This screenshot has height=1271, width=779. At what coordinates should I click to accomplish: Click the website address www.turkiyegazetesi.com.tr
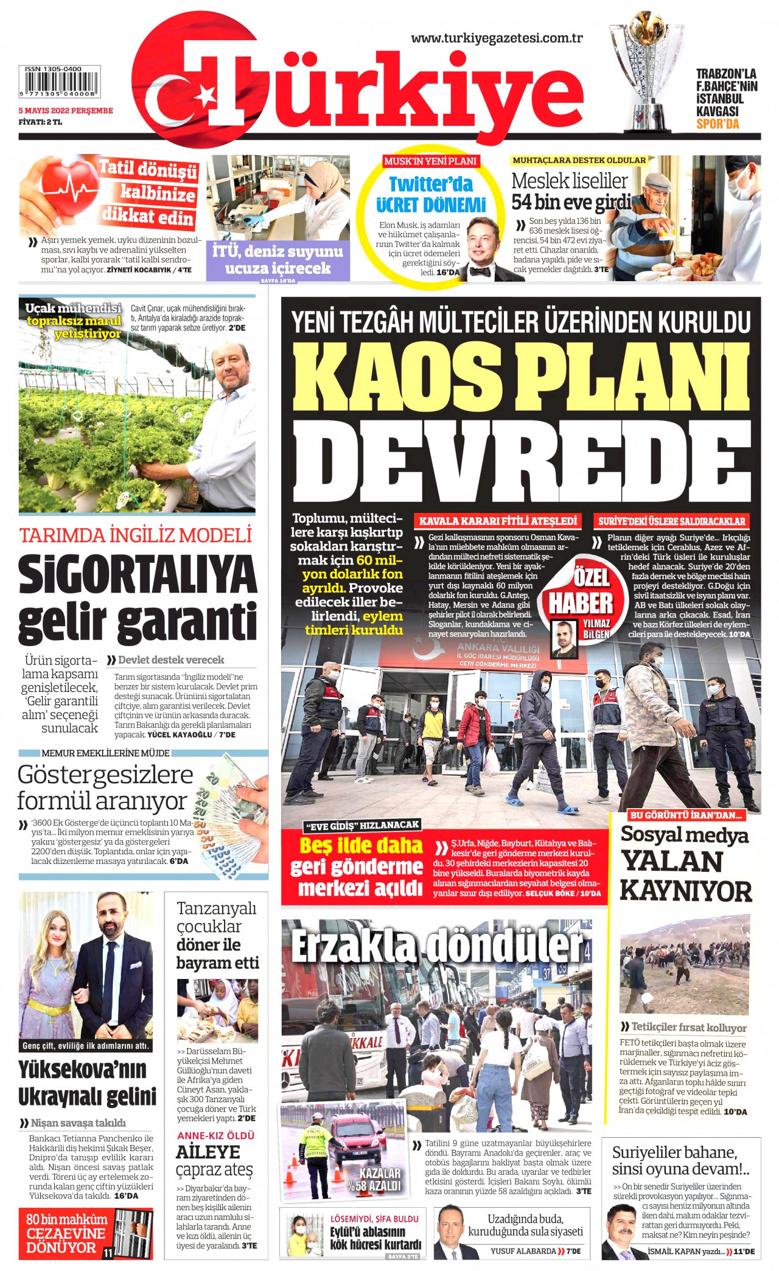(497, 38)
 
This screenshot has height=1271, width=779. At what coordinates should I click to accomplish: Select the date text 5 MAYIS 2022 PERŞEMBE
(66, 111)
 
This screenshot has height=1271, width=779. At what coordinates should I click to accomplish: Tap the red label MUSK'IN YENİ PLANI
(430, 161)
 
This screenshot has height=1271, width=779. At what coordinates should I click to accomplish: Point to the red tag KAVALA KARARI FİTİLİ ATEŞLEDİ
(498, 521)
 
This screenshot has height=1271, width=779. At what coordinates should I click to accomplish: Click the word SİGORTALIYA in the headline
(138, 574)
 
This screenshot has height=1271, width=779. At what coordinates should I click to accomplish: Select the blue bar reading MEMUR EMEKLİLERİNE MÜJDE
(106, 753)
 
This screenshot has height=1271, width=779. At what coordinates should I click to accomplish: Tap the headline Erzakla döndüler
(436, 945)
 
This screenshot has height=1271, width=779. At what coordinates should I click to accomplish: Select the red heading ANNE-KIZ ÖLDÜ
(215, 1135)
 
